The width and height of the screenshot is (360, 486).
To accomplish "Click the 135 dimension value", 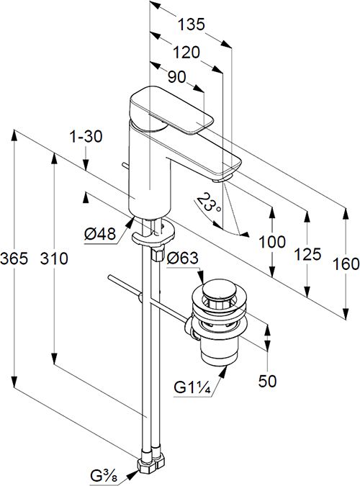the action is [192, 24].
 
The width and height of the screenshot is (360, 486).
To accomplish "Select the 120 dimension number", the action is [186, 53].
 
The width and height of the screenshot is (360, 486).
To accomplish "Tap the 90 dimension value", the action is [176, 77].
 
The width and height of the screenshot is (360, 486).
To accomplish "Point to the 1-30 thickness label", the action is [86, 136].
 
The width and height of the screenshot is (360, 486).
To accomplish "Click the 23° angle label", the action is [209, 202].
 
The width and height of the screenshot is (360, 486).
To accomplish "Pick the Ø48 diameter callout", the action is [100, 234].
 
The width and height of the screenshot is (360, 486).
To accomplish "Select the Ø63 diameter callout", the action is [182, 258].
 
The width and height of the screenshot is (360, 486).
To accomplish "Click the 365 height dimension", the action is [14, 258].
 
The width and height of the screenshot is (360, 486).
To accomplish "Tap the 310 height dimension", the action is [54, 258].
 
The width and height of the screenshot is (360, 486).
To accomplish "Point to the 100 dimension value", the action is [272, 242].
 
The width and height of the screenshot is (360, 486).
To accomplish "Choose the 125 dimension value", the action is [307, 254].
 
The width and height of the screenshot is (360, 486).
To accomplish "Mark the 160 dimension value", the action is [346, 264].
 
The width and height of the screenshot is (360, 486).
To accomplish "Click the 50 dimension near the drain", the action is [267, 381].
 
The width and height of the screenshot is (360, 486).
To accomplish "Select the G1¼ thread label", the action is [192, 388].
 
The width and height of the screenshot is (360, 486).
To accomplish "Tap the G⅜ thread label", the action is [104, 477].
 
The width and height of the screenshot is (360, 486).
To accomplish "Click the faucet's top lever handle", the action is [171, 111].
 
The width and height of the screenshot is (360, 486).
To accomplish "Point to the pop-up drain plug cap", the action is [220, 289].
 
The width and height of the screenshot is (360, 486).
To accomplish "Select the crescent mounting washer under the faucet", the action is [153, 234].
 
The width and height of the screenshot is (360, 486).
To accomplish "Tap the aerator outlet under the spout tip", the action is [222, 179].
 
